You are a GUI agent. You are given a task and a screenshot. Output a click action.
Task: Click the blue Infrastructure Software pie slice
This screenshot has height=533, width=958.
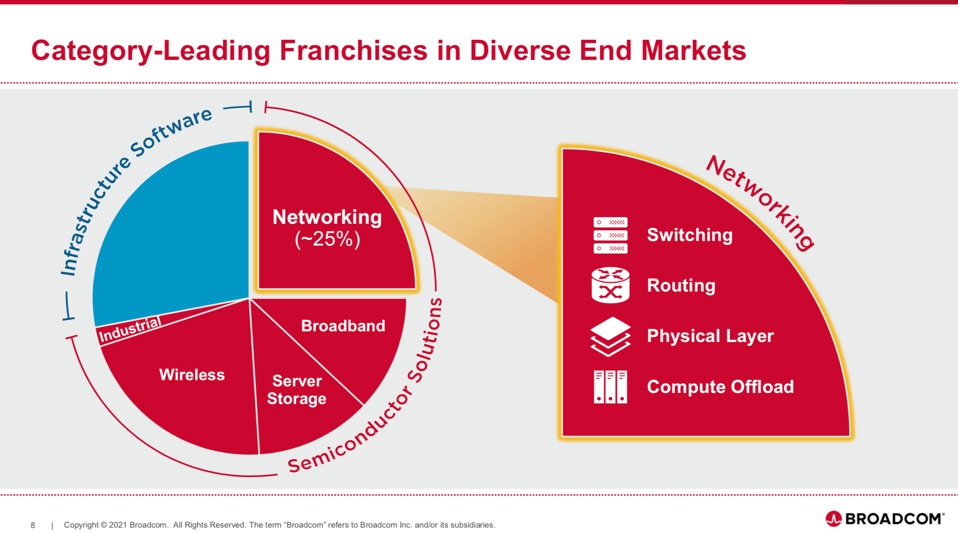(x=173, y=230)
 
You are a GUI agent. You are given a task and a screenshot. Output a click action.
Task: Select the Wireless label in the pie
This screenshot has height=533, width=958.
(x=192, y=374)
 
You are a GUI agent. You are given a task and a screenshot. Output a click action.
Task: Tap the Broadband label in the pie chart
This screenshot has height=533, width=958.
(x=343, y=326)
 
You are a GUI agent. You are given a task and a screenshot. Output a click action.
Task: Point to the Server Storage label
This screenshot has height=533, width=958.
(x=297, y=390)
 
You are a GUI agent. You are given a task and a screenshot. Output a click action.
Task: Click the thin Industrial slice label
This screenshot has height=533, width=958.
(x=130, y=330)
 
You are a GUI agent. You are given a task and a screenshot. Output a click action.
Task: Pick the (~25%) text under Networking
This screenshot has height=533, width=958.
(x=327, y=239)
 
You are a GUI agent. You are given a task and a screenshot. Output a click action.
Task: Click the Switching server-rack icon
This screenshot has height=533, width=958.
(x=610, y=235)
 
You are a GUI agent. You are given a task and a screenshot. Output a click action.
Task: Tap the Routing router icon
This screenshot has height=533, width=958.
(x=610, y=285)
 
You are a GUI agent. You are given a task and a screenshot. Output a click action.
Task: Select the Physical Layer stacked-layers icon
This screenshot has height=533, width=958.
(x=610, y=336)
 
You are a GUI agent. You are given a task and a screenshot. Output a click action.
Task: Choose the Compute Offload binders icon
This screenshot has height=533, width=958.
(x=610, y=387)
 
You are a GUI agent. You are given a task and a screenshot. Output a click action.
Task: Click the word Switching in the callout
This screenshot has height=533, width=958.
(x=690, y=235)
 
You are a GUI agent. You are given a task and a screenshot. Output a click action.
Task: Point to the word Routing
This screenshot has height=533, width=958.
(x=681, y=285)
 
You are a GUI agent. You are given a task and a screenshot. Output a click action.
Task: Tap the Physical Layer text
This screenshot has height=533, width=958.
(x=710, y=336)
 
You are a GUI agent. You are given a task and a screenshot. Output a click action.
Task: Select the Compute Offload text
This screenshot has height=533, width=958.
(x=720, y=387)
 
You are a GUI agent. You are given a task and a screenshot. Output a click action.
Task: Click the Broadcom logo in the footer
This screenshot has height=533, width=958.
(x=885, y=519)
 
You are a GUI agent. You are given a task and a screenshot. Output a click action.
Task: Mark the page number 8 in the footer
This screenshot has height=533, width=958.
(x=33, y=525)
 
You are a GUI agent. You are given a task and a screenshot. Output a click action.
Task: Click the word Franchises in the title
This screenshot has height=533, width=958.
(x=354, y=51)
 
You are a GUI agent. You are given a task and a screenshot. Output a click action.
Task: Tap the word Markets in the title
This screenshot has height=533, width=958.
(x=693, y=51)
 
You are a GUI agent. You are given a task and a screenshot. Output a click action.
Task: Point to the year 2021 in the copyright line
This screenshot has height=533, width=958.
(x=118, y=525)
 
